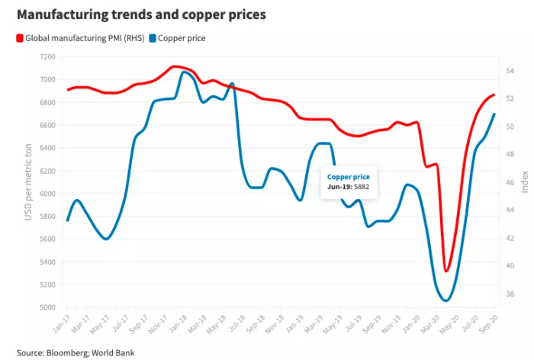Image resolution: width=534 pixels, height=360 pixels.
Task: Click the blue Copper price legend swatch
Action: click(x=153, y=37)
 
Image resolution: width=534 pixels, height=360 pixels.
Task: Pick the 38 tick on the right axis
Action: click(x=510, y=294)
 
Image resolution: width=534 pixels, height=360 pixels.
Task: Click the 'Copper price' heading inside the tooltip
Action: click(x=348, y=176)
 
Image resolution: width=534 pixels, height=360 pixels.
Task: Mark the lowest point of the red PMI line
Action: click(x=446, y=271)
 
